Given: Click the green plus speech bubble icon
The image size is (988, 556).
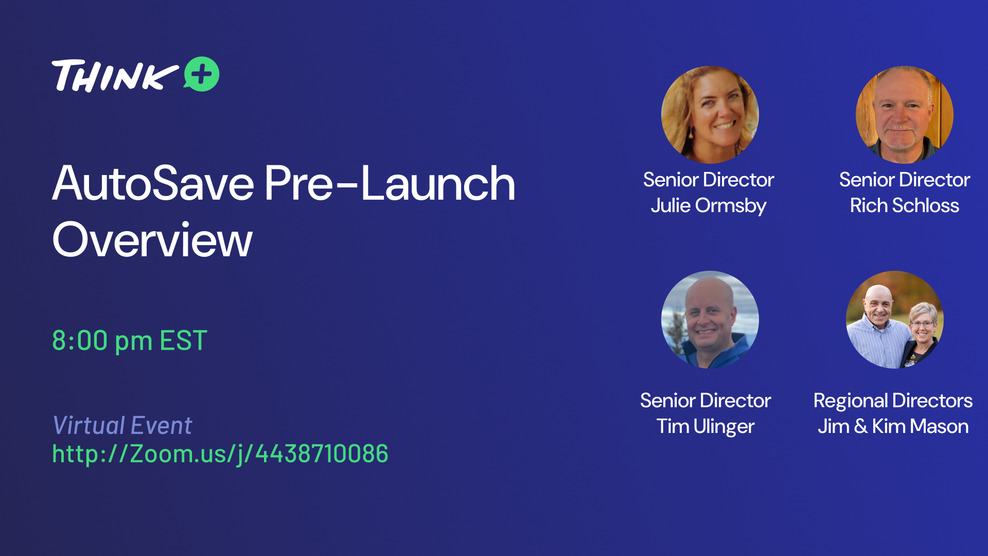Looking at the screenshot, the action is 202,74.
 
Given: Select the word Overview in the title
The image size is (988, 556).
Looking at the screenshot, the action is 152,240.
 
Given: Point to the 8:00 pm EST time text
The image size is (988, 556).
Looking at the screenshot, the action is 130,341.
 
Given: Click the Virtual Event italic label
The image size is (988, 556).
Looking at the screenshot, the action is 122,426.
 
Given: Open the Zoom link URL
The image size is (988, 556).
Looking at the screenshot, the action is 220,454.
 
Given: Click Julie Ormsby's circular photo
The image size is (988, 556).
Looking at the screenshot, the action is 710,115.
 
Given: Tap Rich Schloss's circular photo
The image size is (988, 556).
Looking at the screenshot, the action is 904,115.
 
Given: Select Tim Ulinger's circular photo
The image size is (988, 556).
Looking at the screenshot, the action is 710,320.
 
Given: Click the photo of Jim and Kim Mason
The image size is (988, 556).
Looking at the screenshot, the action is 894,320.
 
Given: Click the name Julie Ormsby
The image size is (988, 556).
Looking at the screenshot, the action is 709,206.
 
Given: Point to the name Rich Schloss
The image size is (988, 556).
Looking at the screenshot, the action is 904,206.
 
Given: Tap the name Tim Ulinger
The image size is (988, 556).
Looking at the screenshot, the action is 705,427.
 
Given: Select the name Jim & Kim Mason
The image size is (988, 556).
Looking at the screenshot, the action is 893,427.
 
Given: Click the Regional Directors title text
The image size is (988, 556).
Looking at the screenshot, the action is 893,401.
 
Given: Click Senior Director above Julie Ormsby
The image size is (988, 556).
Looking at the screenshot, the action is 709,180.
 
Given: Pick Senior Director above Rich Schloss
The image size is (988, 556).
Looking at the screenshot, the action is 904,180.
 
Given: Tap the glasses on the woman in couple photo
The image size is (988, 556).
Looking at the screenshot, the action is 922,324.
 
